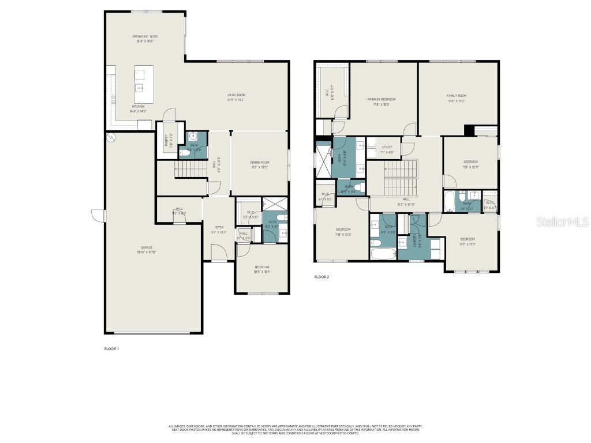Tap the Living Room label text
(x=235, y=95)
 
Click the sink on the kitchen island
(x=140, y=88)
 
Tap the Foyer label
(x=219, y=227)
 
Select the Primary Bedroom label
(x=381, y=99)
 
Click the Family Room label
(x=456, y=96)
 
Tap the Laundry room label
(x=415, y=243)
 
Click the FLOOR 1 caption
(x=111, y=349)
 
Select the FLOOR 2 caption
(x=321, y=277)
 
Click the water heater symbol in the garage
(x=111, y=137)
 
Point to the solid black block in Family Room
(x=469, y=130)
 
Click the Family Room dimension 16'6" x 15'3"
(x=456, y=101)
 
